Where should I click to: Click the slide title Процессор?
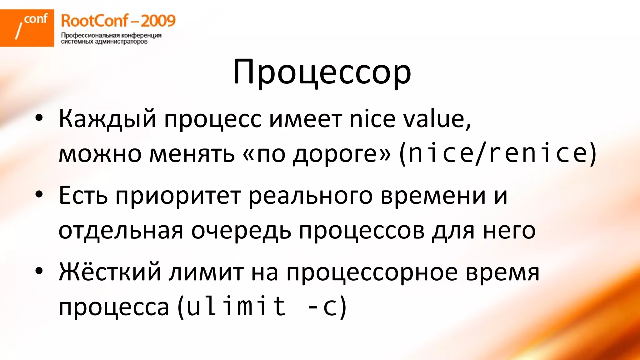322,72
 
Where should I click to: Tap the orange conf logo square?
27,28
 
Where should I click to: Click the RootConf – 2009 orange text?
118,21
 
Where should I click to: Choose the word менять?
192,154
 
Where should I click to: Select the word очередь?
241,231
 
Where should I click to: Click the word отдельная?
121,231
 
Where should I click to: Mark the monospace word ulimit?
236,306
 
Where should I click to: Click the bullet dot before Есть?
39,194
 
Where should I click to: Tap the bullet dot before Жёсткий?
39,271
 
